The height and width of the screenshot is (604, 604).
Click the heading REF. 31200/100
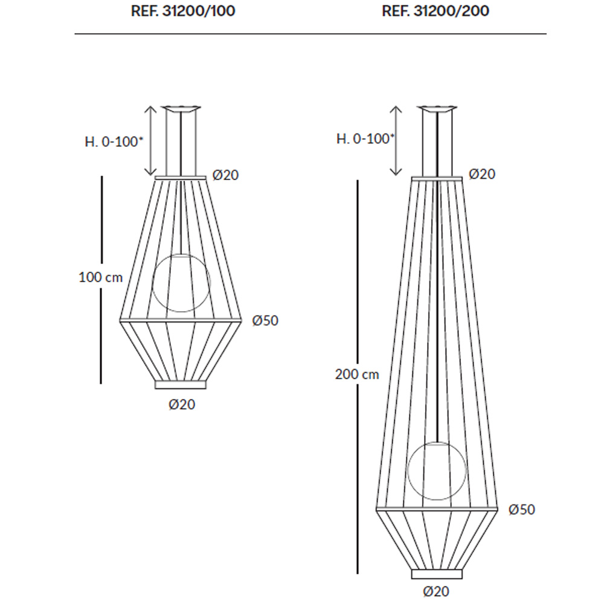183,11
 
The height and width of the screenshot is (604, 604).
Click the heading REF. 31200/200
435,11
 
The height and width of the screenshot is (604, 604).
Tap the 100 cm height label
100,277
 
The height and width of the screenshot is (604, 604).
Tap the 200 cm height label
357,374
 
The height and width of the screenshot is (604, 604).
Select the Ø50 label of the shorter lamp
265,321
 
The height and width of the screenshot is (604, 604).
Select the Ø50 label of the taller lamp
522,510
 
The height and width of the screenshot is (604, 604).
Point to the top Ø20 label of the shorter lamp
226,175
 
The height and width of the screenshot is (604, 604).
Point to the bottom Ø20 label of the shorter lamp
182,405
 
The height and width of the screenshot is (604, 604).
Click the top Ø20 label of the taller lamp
482,174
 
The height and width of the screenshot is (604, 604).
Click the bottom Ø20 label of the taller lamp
436,591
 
